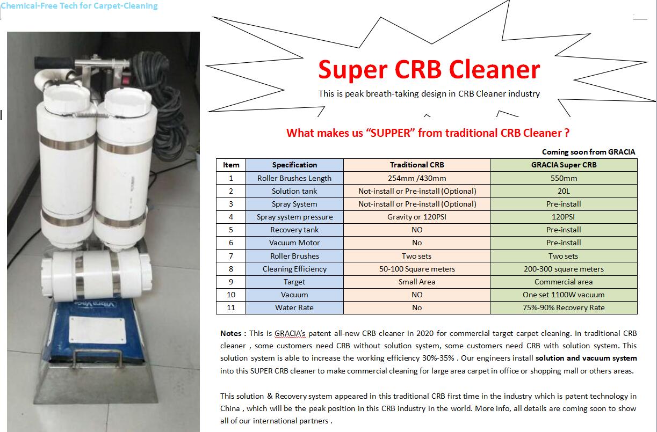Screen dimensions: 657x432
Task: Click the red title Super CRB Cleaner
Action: (x=429, y=70)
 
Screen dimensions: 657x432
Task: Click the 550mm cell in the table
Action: (x=564, y=178)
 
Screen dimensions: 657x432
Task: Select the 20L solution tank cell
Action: (x=564, y=191)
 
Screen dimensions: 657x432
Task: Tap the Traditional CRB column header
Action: (x=416, y=165)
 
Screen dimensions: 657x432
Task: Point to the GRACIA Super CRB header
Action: (x=564, y=165)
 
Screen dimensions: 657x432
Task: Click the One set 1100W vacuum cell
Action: (x=564, y=295)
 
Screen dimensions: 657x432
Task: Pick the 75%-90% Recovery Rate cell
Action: (x=564, y=307)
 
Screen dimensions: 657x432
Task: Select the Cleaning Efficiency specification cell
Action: (x=294, y=269)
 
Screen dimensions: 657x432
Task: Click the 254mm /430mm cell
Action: (x=416, y=178)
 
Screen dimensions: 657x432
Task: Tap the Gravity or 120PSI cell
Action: (x=416, y=217)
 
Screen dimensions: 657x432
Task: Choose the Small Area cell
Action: (x=416, y=282)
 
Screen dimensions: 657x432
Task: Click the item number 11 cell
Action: (x=231, y=307)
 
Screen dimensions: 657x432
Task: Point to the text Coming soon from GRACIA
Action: (x=588, y=152)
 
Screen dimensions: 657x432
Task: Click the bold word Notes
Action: (x=231, y=333)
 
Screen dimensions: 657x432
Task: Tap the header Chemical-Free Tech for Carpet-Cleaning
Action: (x=79, y=5)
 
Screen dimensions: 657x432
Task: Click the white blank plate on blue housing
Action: (x=97, y=330)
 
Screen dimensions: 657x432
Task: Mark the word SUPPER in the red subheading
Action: (x=391, y=133)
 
